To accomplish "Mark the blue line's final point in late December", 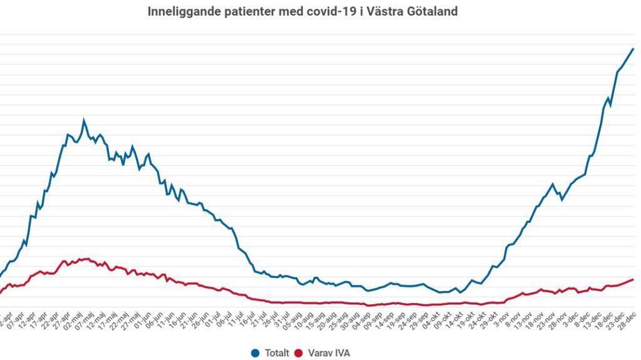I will pyautogui.click(x=633, y=49).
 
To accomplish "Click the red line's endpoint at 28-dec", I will pyautogui.click(x=633, y=280).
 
